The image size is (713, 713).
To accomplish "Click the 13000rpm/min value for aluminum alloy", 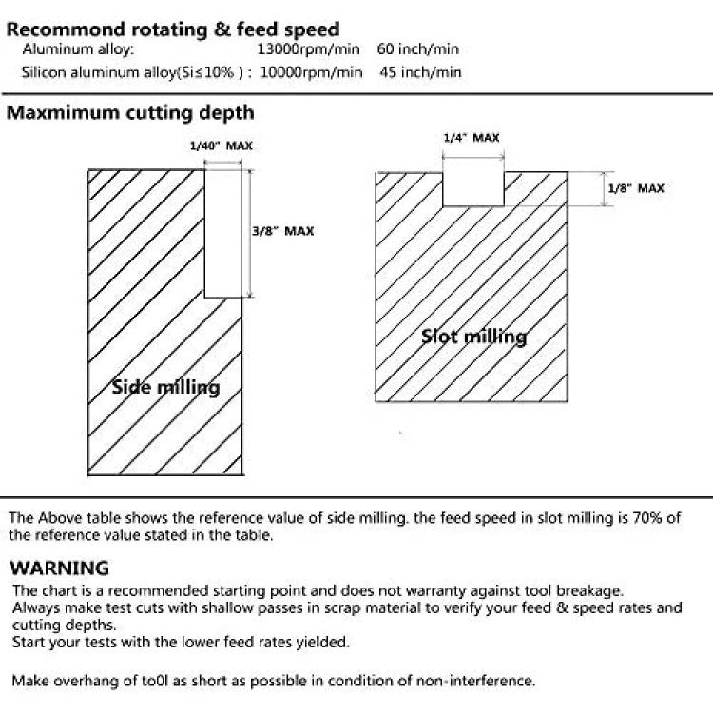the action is (308, 49).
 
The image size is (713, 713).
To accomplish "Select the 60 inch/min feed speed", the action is (418, 49).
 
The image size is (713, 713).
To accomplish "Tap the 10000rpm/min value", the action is (311, 72).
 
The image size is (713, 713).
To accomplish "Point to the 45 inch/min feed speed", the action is (420, 72).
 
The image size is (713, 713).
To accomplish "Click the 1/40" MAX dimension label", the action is (221, 146).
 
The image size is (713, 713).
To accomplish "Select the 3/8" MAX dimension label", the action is (283, 231).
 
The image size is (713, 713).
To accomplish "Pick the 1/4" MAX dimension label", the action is (472, 138).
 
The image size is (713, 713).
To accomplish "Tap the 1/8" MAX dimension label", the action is (636, 188).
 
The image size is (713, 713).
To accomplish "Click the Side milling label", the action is (166, 388).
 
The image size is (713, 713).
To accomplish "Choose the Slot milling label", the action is (473, 337).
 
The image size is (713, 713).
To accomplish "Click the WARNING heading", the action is (60, 568).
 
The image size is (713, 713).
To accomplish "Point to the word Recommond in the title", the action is (67, 29).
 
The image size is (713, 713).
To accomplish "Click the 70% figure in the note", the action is (647, 518).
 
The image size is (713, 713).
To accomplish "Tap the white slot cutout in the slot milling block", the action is (473, 189).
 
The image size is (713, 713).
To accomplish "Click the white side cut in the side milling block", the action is (222, 234).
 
